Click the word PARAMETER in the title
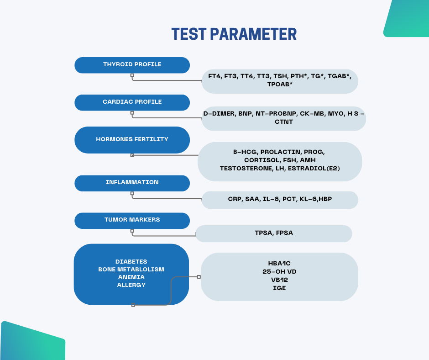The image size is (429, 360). coord(253,34)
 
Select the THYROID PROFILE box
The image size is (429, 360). coord(132,65)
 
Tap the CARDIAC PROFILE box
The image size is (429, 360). coord(132,103)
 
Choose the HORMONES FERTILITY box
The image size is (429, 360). coord(132,140)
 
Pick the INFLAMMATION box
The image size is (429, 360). coord(132,183)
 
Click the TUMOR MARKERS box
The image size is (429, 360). coord(132,221)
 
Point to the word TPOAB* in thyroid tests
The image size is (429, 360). coord(280,85)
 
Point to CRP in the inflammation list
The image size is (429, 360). coord(235,199)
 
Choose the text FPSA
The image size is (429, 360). coord(284,233)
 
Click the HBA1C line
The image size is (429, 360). coord(279,263)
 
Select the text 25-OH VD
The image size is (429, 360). coord(279,271)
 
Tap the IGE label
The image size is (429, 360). coord(279,288)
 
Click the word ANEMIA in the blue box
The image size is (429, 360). coord(131,277)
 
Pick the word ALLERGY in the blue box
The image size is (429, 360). coord(131,285)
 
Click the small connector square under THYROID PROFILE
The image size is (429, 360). coord(132,75)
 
